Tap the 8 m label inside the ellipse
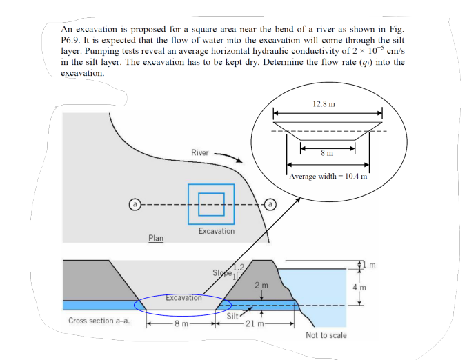coord(328,152)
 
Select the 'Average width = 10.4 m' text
coord(328,176)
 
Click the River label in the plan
coord(199,152)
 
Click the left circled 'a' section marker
coord(136,205)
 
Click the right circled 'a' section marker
coord(270,205)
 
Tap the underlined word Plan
coord(156,238)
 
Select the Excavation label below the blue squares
coord(216,231)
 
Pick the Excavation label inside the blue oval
coord(183,298)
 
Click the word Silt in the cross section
coord(233,315)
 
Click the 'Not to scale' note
coord(326,335)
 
